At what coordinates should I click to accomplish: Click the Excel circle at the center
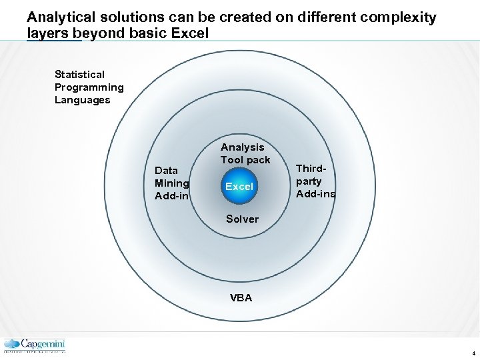coord(239,187)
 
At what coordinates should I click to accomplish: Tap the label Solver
coord(242,219)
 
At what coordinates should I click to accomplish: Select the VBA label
coord(241,298)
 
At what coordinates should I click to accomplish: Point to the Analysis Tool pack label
coord(245,153)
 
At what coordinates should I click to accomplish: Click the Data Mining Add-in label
coord(172,183)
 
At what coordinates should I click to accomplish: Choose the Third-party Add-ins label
coord(315,181)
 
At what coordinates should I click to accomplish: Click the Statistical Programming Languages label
coord(89,87)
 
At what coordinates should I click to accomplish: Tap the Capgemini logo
coord(35,345)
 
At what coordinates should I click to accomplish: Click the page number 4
coord(473,353)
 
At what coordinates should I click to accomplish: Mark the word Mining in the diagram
coord(172,183)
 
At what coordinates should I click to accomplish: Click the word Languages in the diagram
coord(82,100)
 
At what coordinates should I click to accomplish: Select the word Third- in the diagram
coord(310,169)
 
